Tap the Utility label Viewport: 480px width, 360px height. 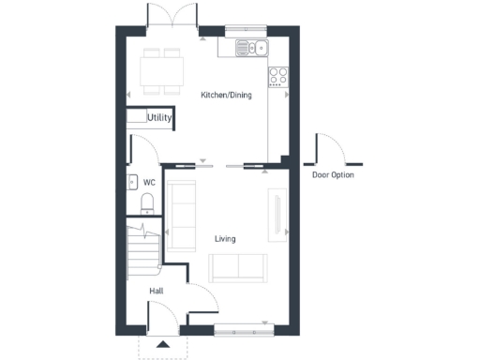159,118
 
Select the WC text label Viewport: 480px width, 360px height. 148,182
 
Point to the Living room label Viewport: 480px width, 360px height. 225,239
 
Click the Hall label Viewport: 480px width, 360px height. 157,292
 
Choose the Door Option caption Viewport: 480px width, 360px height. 333,174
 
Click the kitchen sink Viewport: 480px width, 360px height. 252,48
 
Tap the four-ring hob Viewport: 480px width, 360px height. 278,75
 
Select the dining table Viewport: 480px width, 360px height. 160,69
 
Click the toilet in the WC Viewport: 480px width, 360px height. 146,202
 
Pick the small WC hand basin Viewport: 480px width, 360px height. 130,183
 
